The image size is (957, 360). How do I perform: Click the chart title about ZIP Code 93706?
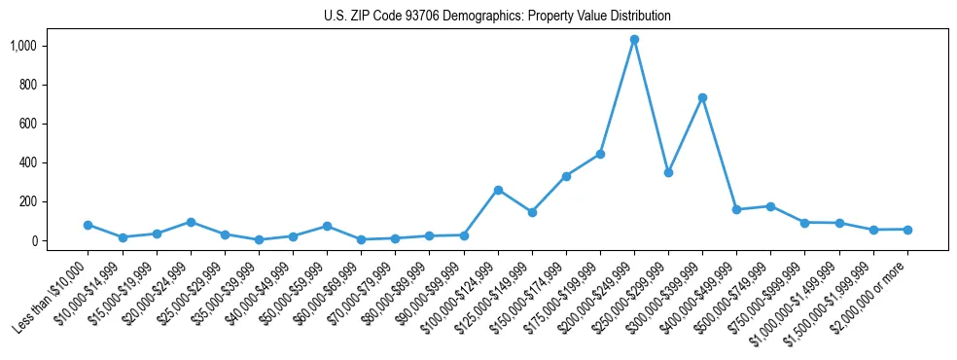(x=497, y=17)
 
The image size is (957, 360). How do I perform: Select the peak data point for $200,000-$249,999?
(x=634, y=40)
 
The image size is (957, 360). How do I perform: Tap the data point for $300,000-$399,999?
(x=702, y=98)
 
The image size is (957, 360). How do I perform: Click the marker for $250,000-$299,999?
(x=668, y=172)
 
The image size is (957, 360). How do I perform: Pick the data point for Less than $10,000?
(x=89, y=225)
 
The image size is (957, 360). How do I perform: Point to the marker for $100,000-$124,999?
(x=498, y=190)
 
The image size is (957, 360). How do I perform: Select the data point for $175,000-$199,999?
(x=600, y=154)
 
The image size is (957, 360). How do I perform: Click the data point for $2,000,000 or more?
(x=907, y=230)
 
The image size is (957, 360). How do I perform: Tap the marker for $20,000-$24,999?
(x=191, y=222)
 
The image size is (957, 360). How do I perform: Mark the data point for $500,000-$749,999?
(x=770, y=206)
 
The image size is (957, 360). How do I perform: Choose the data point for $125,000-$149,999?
(x=532, y=212)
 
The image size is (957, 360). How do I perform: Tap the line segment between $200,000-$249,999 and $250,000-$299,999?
(x=652, y=107)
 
